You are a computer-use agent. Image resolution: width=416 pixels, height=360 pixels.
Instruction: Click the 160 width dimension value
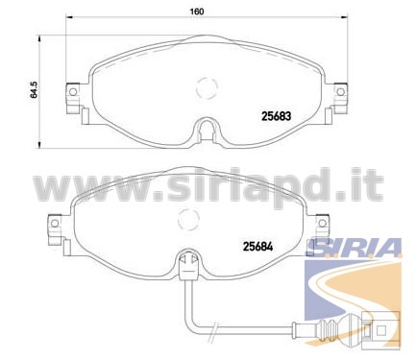point(197,12)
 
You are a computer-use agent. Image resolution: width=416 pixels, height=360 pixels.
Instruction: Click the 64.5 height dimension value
point(35,89)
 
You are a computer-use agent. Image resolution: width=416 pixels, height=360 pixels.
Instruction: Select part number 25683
point(277,116)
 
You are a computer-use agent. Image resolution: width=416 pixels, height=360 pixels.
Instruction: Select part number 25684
point(258,247)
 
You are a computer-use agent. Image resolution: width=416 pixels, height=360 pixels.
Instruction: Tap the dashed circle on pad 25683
point(207,88)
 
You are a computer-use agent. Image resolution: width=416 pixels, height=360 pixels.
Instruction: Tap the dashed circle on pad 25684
point(188,219)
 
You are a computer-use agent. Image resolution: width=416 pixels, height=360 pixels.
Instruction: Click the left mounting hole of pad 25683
point(73,92)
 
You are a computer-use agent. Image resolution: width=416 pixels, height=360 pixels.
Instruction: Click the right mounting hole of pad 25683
point(341,92)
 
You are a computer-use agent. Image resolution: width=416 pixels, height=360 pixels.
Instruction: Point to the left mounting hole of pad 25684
point(55,223)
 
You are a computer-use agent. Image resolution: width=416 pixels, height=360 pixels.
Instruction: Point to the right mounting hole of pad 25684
point(323,223)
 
